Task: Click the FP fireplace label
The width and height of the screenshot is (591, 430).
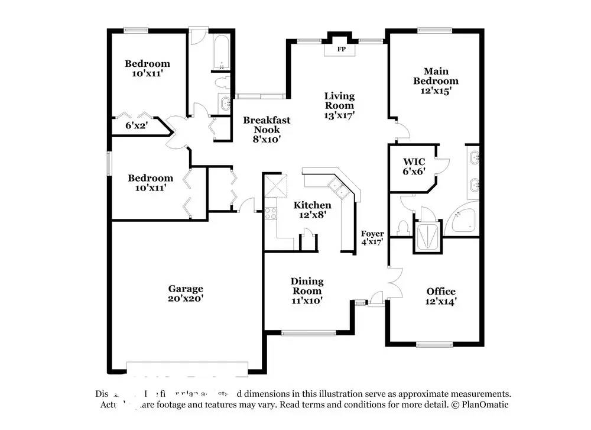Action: coord(341,49)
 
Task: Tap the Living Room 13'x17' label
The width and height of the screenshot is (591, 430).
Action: coord(339,105)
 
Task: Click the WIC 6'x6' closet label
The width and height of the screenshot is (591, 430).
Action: coord(414,166)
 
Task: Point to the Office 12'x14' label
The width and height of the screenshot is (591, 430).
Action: coord(441,296)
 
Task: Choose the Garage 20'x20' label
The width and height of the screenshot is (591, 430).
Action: coord(186,293)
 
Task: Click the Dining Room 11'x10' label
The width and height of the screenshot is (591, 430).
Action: coord(307,290)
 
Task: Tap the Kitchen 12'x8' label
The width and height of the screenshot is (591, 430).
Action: coord(313,210)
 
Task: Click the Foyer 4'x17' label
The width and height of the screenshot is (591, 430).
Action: coord(372,237)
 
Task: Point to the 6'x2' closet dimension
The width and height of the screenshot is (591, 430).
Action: coord(137,125)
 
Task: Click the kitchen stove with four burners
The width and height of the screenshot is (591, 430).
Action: coord(271,213)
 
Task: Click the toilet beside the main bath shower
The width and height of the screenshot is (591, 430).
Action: coord(404,227)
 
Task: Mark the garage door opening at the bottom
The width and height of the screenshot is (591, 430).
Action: coord(186,368)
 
